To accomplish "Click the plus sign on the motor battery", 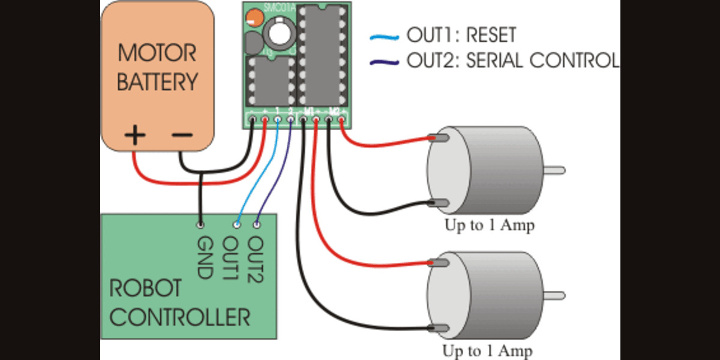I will (134, 136).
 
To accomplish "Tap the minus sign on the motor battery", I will (181, 136).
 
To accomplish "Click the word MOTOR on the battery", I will (157, 53).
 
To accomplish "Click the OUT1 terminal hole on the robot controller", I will (237, 225).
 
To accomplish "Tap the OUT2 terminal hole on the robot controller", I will (257, 225).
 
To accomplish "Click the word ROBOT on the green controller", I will (145, 288).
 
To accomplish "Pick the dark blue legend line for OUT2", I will (384, 61).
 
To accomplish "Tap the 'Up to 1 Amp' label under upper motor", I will (489, 226).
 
